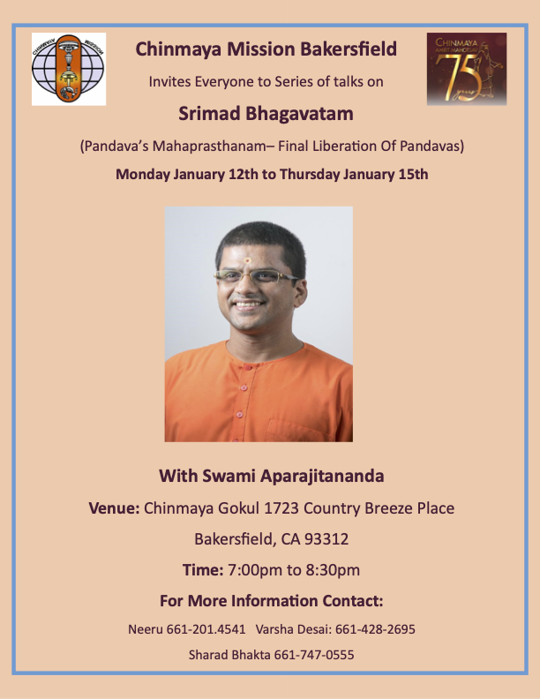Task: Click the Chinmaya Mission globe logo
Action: pos(69,69)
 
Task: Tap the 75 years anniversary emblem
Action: pos(466,69)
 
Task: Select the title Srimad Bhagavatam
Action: pos(272,114)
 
